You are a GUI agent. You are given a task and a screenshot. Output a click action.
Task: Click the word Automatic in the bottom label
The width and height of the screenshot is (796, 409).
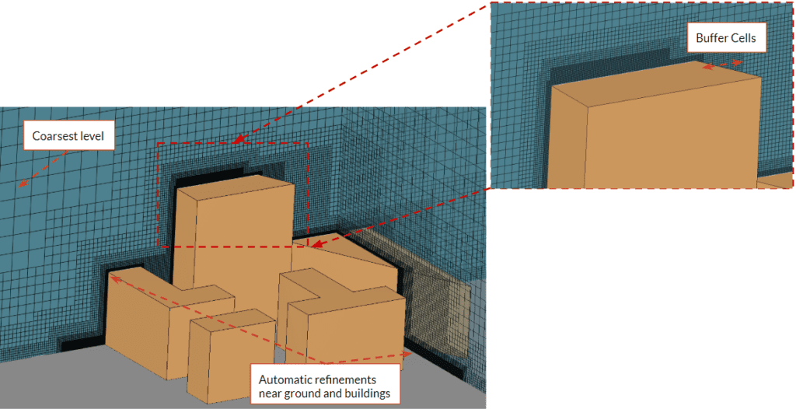(285, 379)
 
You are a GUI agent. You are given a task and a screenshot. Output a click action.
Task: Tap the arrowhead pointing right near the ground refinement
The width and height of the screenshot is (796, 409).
(407, 354)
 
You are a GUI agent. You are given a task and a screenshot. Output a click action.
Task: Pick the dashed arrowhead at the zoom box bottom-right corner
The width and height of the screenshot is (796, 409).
(316, 246)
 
